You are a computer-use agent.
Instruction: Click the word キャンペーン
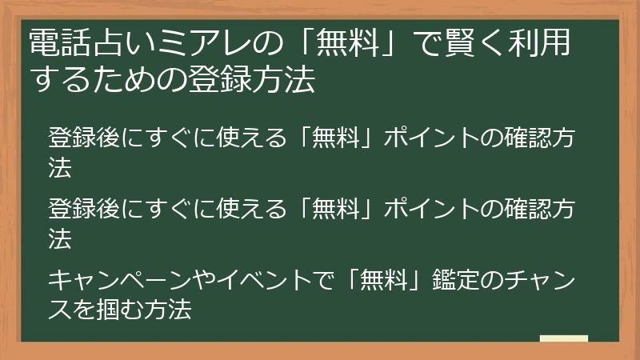[121, 282]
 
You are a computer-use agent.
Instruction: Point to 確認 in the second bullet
[529, 210]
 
